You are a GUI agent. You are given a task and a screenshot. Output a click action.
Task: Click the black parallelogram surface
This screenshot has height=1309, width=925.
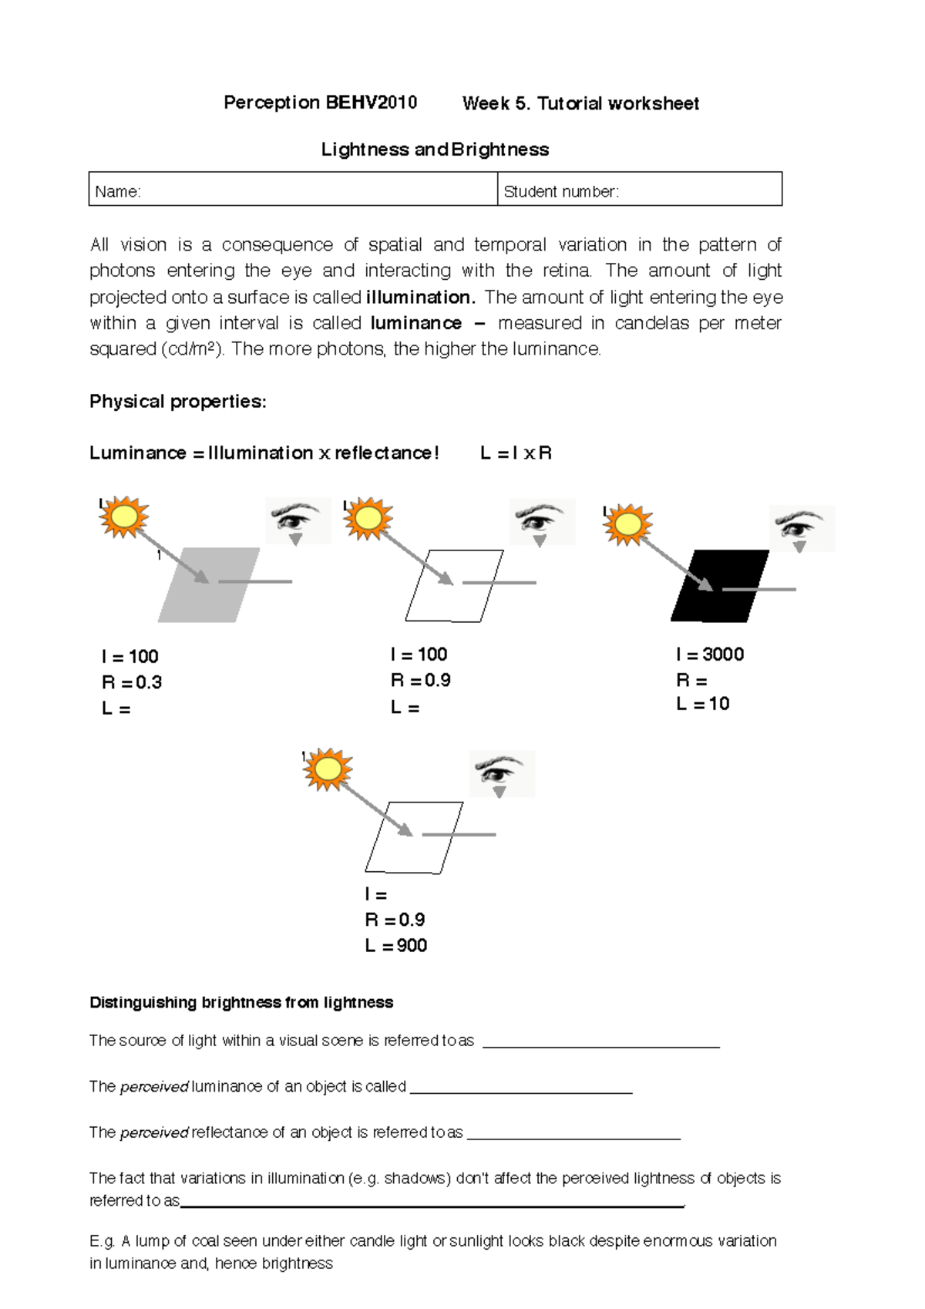[719, 586]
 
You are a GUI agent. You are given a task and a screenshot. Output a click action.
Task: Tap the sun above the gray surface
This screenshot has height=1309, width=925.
[124, 517]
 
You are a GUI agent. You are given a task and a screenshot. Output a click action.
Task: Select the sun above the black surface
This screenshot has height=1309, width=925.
[627, 524]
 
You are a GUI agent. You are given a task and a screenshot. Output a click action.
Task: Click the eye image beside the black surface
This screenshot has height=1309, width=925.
[802, 529]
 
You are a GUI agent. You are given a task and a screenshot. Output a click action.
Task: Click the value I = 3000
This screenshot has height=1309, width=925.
[709, 654]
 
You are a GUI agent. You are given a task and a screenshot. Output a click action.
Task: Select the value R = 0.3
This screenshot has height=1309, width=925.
[132, 682]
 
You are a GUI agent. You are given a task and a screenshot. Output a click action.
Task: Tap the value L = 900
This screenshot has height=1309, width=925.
[396, 946]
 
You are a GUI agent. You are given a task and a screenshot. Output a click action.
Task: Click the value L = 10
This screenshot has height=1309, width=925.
[702, 704]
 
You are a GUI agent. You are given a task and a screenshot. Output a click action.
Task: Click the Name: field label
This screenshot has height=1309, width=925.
[117, 192]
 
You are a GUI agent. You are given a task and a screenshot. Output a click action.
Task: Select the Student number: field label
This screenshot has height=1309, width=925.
[560, 192]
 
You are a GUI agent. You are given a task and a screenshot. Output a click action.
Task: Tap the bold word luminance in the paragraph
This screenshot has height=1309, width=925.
[416, 323]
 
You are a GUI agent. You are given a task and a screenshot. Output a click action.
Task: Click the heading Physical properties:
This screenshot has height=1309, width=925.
[178, 402]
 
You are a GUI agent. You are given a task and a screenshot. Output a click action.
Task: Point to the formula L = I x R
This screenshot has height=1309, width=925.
[516, 453]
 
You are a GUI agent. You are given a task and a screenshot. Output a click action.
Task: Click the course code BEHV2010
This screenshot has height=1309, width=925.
[371, 103]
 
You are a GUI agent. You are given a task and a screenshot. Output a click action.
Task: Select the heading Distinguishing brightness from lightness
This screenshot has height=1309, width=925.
[241, 1002]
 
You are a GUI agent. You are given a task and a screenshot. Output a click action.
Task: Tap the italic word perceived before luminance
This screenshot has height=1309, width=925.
[154, 1087]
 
